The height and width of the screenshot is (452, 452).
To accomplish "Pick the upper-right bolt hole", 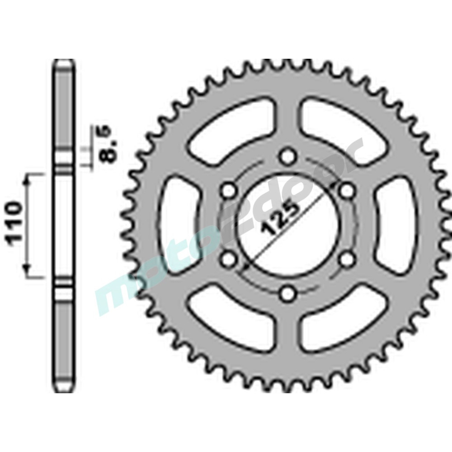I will (x=346, y=191).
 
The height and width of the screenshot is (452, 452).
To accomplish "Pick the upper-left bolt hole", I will (x=228, y=191).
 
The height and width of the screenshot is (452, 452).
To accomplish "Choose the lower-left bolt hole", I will (x=228, y=259).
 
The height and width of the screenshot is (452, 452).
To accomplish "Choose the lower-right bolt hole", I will (x=346, y=259).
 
